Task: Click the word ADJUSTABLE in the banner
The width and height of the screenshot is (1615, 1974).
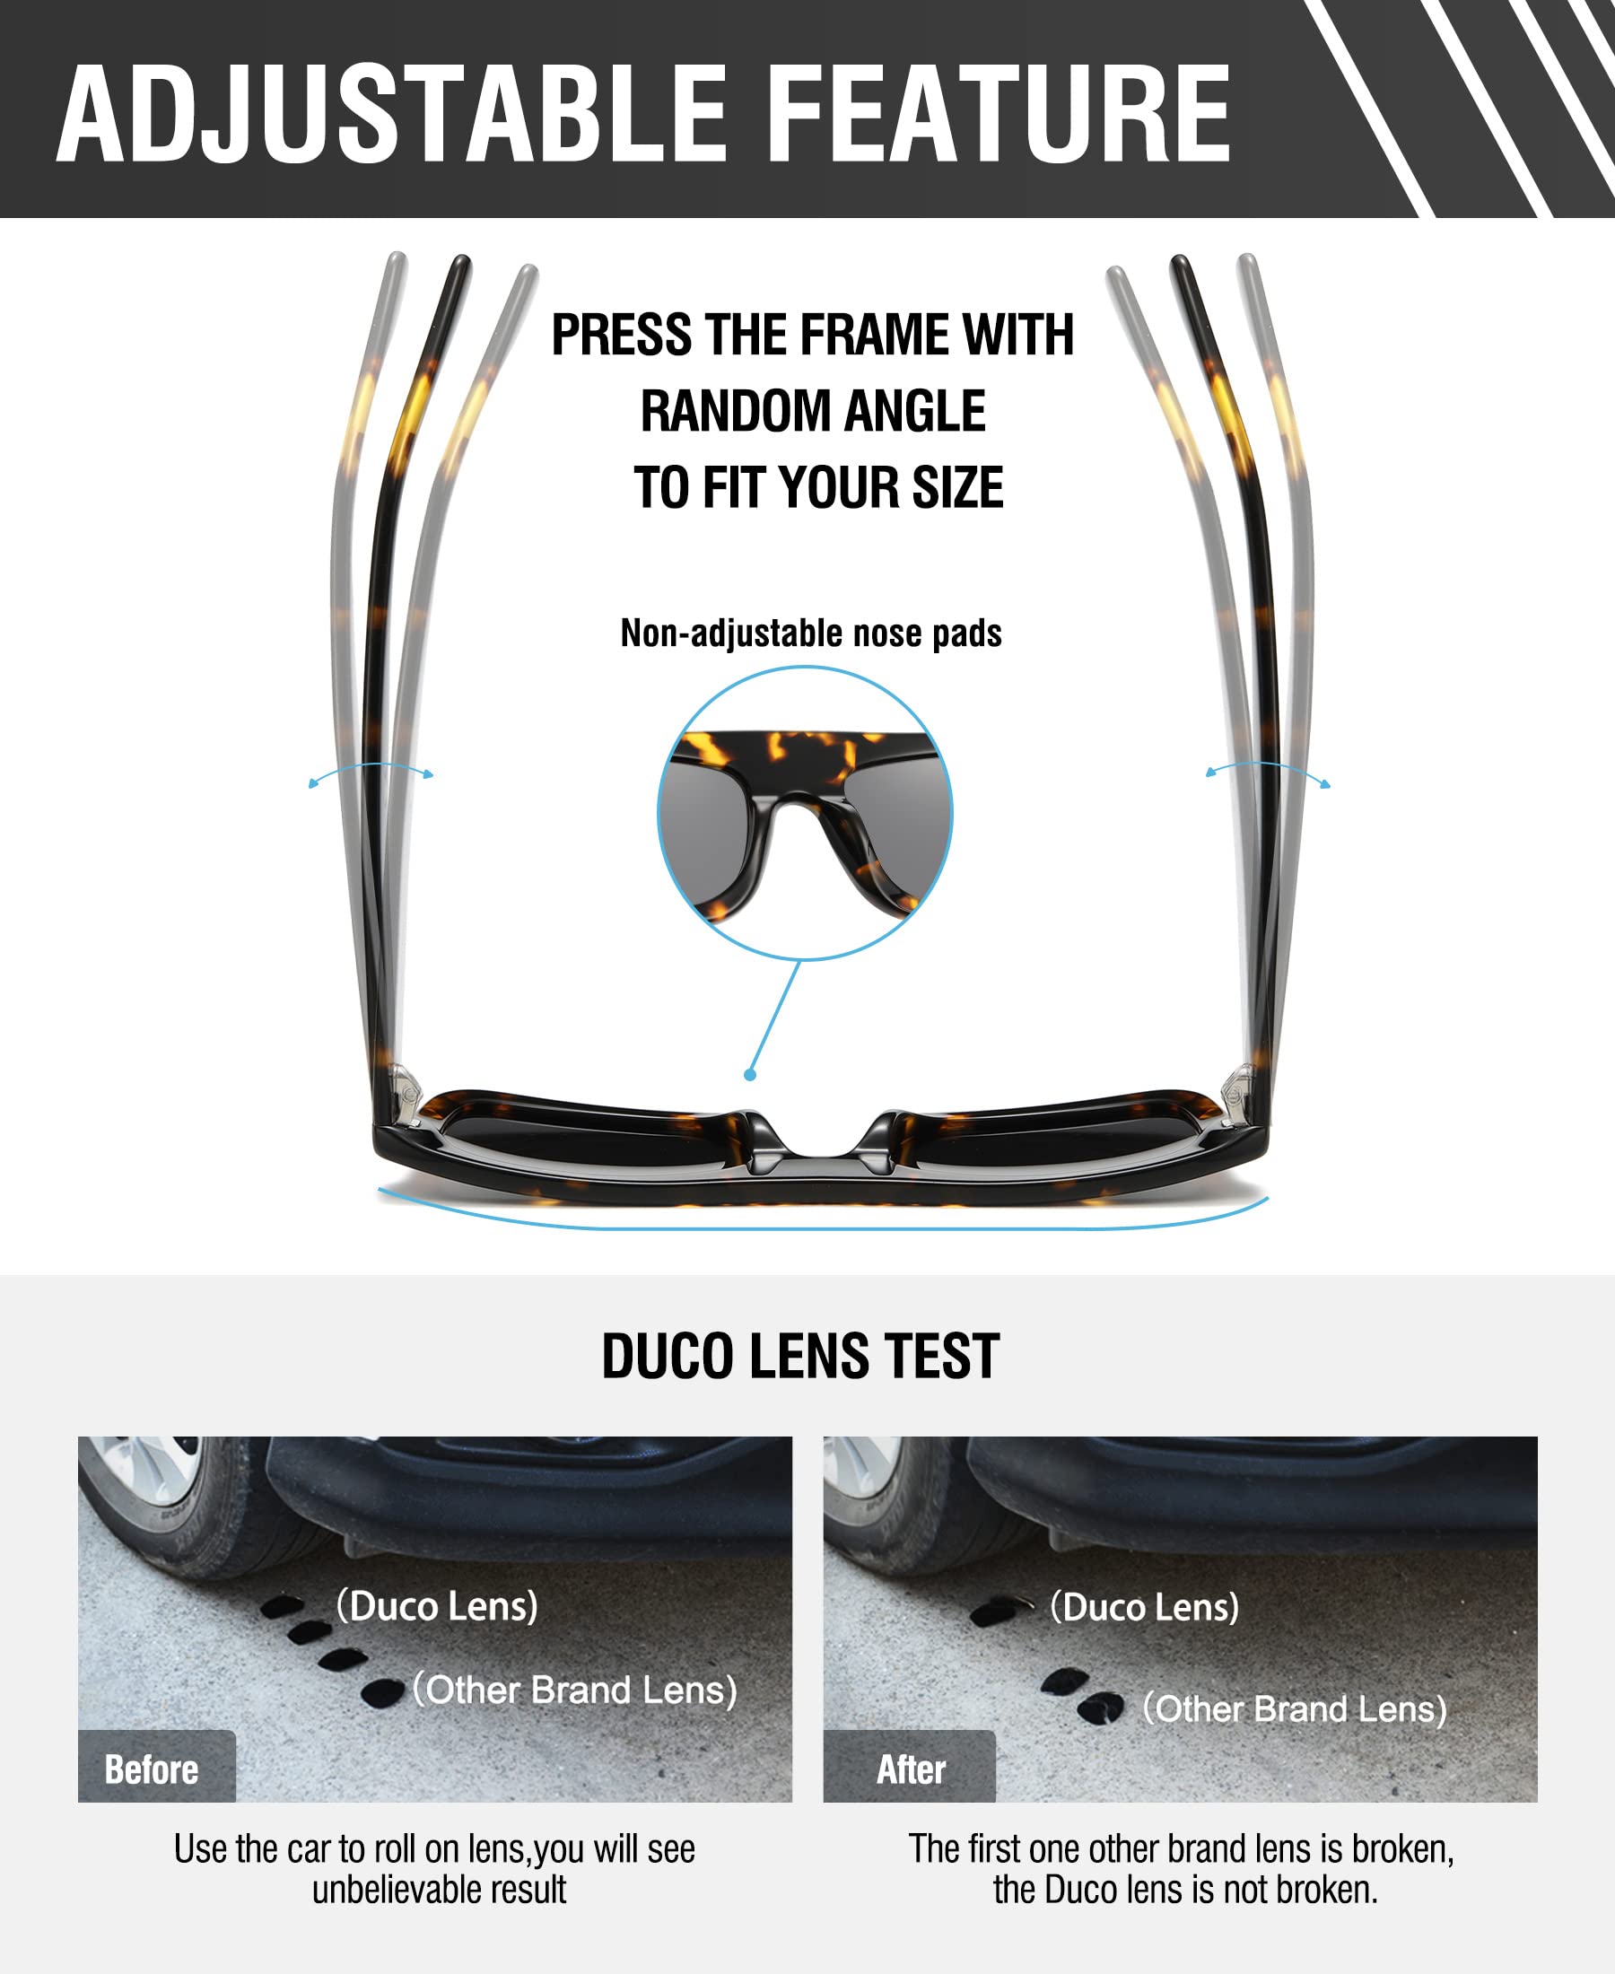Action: [390, 116]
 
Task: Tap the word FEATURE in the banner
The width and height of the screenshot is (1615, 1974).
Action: [1000, 116]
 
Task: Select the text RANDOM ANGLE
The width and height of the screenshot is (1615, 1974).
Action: [812, 411]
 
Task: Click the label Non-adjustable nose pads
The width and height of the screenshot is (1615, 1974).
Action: [810, 633]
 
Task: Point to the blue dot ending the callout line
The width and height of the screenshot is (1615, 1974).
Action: [750, 1075]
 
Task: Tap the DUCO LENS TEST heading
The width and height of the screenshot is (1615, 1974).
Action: [800, 1357]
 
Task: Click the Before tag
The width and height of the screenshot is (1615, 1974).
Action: [152, 1769]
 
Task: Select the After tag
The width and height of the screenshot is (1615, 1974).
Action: [911, 1769]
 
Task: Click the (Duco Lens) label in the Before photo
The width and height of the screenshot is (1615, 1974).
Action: [437, 1605]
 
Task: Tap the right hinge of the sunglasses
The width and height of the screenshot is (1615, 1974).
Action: [1235, 1094]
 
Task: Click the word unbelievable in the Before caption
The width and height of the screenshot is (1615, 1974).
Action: [381, 1890]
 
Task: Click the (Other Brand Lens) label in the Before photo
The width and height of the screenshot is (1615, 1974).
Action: [575, 1690]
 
